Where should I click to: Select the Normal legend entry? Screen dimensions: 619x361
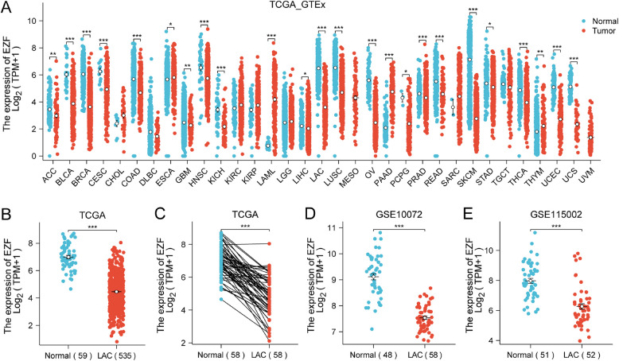(x=601, y=21)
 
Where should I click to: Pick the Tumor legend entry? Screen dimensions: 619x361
(x=599, y=31)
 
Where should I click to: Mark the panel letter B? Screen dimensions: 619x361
(x=6, y=215)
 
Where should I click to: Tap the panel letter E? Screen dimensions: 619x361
(x=469, y=215)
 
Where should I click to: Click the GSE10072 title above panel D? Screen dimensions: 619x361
(x=398, y=215)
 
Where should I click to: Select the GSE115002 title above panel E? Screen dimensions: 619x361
(x=555, y=215)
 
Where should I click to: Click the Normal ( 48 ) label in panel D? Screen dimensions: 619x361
(x=373, y=355)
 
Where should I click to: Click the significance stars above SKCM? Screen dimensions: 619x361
(x=472, y=10)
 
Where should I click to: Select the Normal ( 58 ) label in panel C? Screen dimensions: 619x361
(x=221, y=355)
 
